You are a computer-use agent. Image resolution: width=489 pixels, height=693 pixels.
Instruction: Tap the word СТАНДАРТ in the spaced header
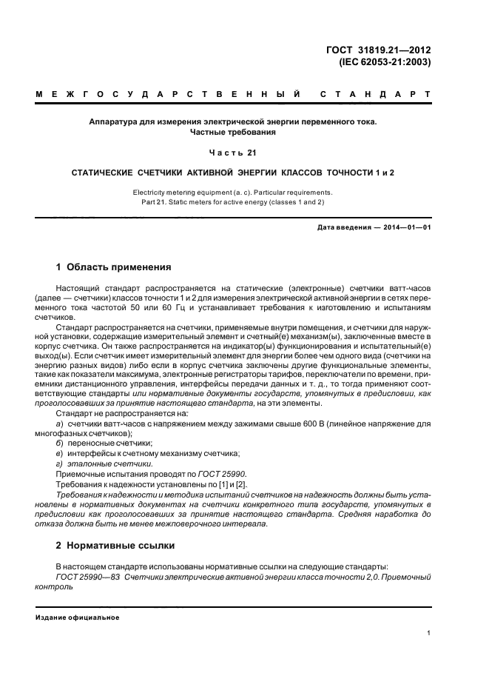(x=375, y=96)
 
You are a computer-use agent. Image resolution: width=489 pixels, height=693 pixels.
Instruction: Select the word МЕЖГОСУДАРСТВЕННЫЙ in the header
(x=167, y=96)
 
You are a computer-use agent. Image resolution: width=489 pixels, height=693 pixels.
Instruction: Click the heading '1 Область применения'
(x=114, y=267)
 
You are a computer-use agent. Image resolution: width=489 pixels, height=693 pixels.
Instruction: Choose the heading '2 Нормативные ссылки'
(x=116, y=546)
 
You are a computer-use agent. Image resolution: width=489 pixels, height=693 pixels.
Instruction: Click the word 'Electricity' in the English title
(x=150, y=192)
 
